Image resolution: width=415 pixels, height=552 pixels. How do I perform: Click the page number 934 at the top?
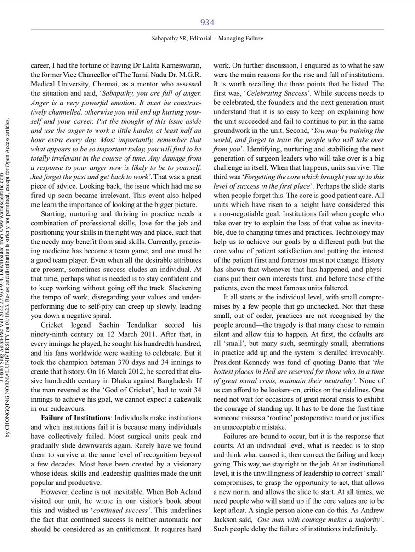point(208,22)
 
